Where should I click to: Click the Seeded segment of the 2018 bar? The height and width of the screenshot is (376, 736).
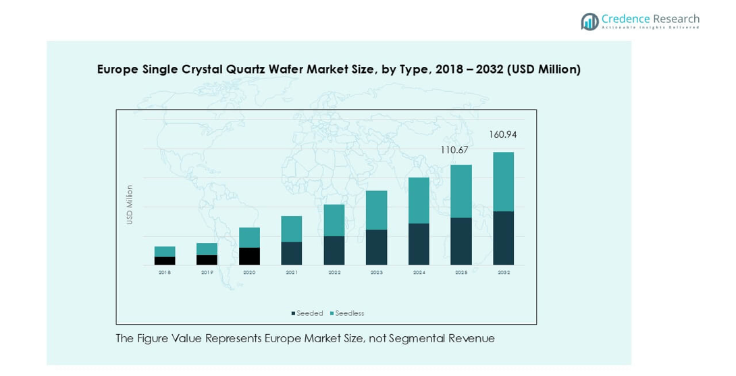[x=165, y=261]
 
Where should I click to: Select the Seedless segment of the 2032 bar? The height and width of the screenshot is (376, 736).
[x=503, y=182]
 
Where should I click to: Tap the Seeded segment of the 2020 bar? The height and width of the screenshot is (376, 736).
[x=249, y=256]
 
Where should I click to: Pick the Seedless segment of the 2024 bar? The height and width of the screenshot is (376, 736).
[x=419, y=200]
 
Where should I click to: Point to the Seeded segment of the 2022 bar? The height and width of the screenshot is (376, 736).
[x=334, y=250]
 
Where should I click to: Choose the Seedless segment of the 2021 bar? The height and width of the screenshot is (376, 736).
[x=292, y=229]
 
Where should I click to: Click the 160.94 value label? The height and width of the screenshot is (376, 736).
[x=503, y=135]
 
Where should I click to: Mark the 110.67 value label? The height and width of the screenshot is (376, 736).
[x=454, y=150]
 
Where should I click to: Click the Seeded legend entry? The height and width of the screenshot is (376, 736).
[x=307, y=313]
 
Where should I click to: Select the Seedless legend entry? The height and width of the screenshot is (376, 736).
[x=347, y=313]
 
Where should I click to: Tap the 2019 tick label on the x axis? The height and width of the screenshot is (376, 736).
[x=207, y=273]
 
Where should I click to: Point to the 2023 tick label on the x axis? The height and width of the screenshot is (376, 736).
[x=376, y=273]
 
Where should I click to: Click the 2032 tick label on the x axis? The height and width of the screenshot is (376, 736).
[x=504, y=273]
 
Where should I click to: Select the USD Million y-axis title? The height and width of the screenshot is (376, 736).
[x=130, y=205]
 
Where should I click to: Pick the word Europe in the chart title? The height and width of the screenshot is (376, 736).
[x=118, y=70]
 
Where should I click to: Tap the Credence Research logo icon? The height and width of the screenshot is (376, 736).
[x=589, y=22]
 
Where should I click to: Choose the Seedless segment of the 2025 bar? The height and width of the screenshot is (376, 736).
[x=461, y=191]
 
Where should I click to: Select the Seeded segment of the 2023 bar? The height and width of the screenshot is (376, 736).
[x=376, y=247]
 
